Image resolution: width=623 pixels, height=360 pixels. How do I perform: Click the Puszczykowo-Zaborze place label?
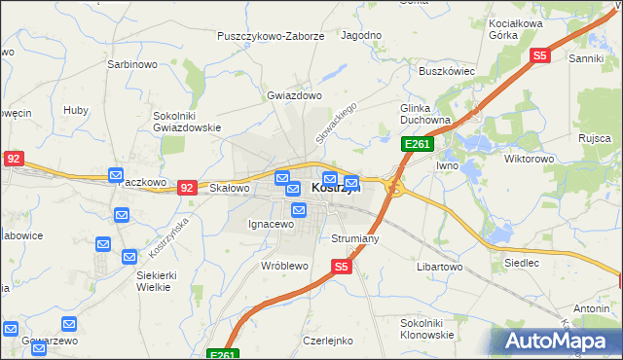(x=272, y=36)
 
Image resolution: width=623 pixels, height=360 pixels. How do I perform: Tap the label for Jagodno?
(x=361, y=35)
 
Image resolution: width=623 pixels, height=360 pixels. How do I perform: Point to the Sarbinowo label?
(x=131, y=65)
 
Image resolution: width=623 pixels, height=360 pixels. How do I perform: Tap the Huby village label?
(x=76, y=110)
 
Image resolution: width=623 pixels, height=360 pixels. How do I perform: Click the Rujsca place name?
(x=593, y=138)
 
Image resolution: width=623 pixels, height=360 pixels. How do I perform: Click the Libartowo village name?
(x=439, y=267)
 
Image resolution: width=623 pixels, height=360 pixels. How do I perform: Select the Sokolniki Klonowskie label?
(x=427, y=328)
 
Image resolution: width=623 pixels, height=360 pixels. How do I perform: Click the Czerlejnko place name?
(x=328, y=342)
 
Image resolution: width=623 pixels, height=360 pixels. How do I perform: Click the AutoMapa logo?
(x=557, y=341)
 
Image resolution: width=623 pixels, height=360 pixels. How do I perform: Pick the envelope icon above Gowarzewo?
(x=69, y=324)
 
